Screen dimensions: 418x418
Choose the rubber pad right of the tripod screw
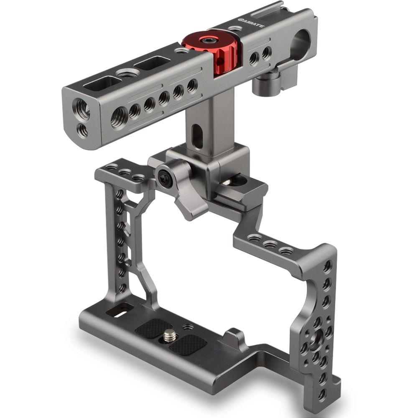pos(188,345)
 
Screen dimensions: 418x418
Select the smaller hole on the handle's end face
pos(83,131)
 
